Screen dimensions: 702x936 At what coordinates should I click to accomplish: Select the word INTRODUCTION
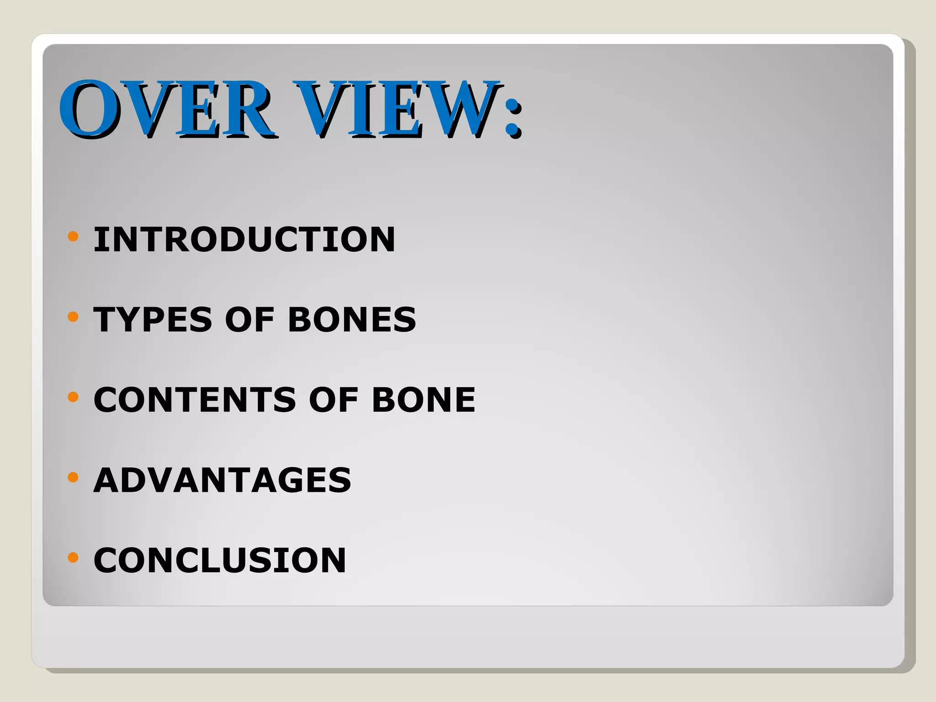(244, 239)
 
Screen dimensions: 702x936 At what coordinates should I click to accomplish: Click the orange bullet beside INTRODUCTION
(73, 236)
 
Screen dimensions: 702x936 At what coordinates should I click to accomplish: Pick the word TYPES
(153, 319)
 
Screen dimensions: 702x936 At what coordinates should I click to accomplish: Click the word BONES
(352, 319)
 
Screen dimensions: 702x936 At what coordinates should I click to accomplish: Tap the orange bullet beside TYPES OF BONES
(73, 316)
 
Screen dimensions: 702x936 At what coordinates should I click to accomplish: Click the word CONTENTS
(195, 399)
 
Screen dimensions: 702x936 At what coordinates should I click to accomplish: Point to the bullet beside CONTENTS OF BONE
(73, 397)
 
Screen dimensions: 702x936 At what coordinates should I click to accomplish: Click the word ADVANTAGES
(222, 480)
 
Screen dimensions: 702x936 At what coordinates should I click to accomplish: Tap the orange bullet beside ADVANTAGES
(73, 477)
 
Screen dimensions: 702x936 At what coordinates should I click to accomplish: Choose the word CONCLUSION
(220, 560)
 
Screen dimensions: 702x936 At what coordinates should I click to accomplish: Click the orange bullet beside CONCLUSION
(73, 558)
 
